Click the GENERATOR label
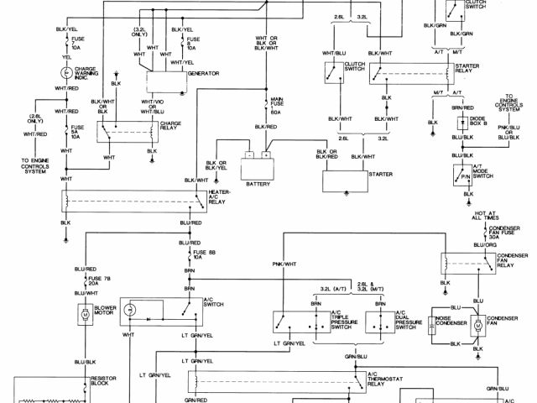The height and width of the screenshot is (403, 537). pos(204,74)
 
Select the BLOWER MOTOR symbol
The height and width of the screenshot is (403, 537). pos(86,315)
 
